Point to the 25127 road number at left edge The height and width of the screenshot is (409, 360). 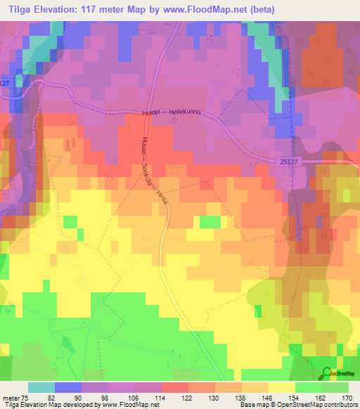click(x=5, y=83)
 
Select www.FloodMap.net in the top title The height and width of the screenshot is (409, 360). click(x=211, y=9)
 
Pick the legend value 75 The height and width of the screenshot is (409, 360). click(x=26, y=397)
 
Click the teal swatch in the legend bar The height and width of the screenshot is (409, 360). click(x=41, y=387)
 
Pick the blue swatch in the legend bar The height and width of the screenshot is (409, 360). click(x=68, y=387)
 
